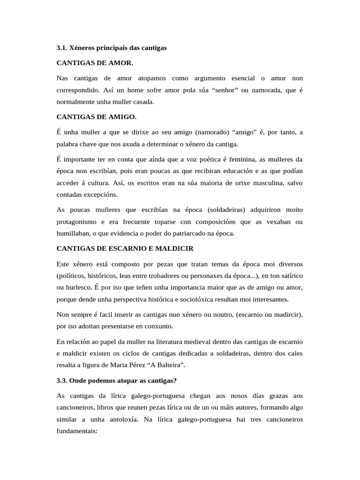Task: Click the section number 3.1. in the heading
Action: pyautogui.click(x=62, y=48)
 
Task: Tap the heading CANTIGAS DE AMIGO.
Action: pyautogui.click(x=96, y=117)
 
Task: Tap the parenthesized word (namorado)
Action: pyautogui.click(x=191, y=132)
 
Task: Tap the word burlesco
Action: pyautogui.click(x=78, y=287)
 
